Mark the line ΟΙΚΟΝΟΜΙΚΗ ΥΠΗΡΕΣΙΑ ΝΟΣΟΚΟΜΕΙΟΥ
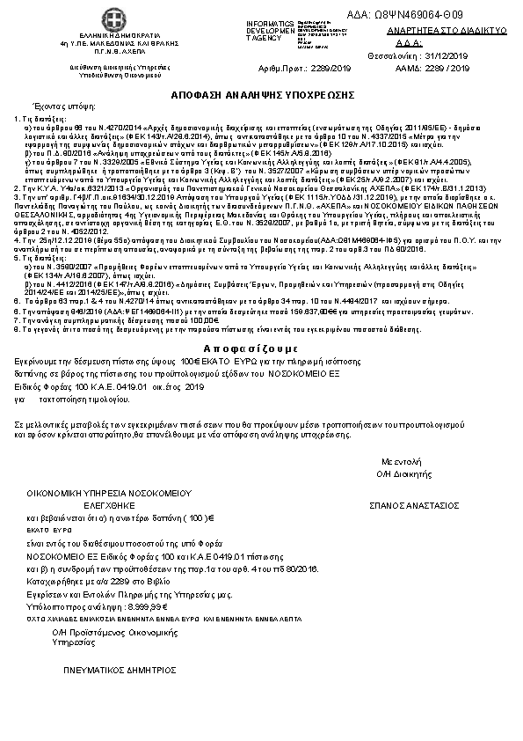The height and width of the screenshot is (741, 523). pyautogui.click(x=103, y=495)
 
